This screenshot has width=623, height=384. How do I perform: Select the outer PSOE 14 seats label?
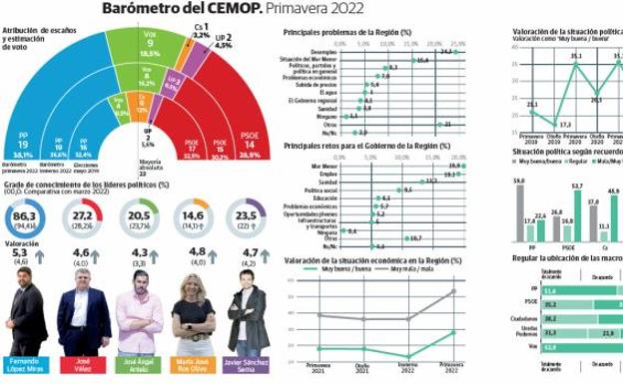tap(249, 147)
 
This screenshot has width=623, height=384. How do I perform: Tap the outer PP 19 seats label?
tap(23, 146)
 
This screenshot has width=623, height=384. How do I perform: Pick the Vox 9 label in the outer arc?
tap(150, 45)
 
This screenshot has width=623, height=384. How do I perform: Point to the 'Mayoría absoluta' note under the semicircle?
tap(150, 163)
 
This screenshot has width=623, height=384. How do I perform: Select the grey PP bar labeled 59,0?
tap(519, 214)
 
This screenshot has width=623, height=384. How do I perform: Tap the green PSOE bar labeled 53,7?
tap(576, 217)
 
